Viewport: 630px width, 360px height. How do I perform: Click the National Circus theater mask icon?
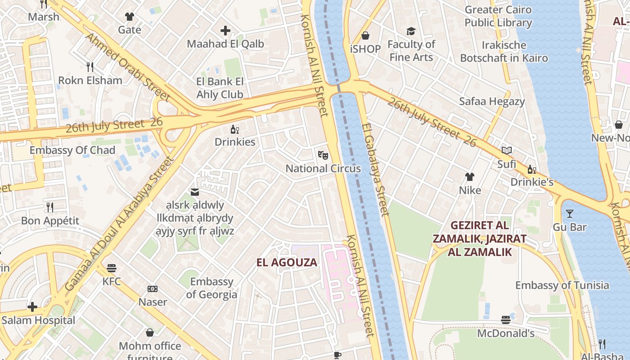tap(323, 155)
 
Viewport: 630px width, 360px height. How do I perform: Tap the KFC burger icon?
tap(112, 268)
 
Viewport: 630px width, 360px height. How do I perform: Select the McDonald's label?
tap(506, 333)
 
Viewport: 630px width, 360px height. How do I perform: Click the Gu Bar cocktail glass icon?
tap(570, 214)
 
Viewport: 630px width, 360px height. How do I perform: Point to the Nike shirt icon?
tap(470, 177)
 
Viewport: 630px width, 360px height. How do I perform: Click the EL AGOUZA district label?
tap(287, 262)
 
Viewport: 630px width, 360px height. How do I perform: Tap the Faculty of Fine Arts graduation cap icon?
tap(411, 31)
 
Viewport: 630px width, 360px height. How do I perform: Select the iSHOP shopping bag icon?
tap(365, 35)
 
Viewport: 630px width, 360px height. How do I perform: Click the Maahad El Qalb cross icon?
tap(225, 31)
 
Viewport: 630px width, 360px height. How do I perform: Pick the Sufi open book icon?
tap(507, 151)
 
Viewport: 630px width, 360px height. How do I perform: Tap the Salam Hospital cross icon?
tap(32, 307)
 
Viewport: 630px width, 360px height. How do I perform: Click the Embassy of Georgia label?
tap(211, 288)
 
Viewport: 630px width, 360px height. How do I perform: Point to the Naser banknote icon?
tap(153, 288)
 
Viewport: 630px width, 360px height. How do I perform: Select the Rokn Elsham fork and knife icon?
tap(90, 67)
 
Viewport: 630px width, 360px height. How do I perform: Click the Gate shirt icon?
tap(130, 17)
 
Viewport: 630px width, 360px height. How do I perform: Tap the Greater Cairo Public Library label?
tap(498, 16)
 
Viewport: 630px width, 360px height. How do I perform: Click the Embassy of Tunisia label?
tap(562, 285)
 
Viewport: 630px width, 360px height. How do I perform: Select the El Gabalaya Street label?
tap(375, 170)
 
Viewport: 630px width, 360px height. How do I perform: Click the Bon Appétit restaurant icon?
tap(50, 207)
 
